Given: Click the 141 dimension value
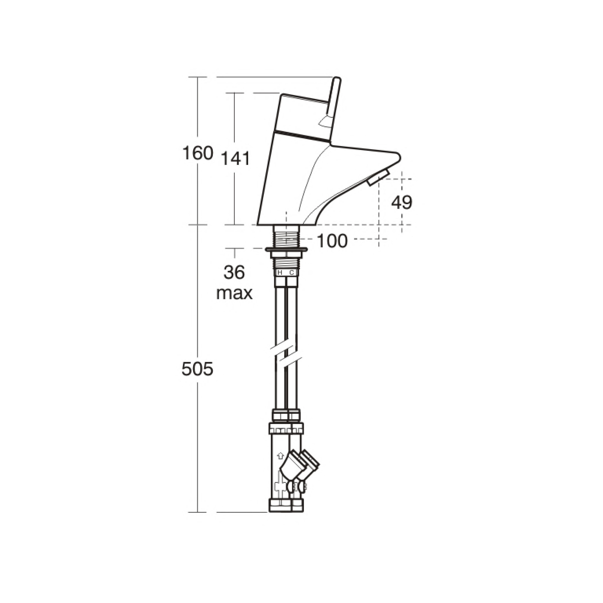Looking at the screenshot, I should pos(236,158).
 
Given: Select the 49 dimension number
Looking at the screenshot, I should pos(402,203).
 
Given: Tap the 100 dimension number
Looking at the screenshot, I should pos(332,241).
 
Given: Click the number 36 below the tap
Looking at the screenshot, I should pos(234,272).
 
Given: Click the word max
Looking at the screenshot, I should pos(234,293).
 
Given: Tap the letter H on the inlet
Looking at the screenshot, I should pos(280,272).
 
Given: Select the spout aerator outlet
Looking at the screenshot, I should pos(378,178).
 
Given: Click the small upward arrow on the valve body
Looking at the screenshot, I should pos(280,455).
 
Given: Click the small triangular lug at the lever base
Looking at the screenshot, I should pos(325,122).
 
